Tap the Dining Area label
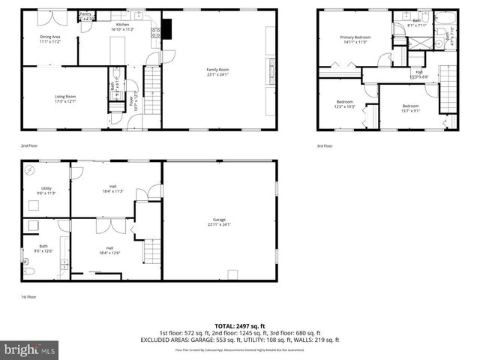click(x=51, y=39)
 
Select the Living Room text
click(x=64, y=98)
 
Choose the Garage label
click(x=219, y=222)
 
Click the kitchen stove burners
click(x=156, y=31)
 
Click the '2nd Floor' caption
click(x=28, y=145)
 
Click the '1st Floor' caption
click(x=28, y=297)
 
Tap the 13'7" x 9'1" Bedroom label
click(x=410, y=108)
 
